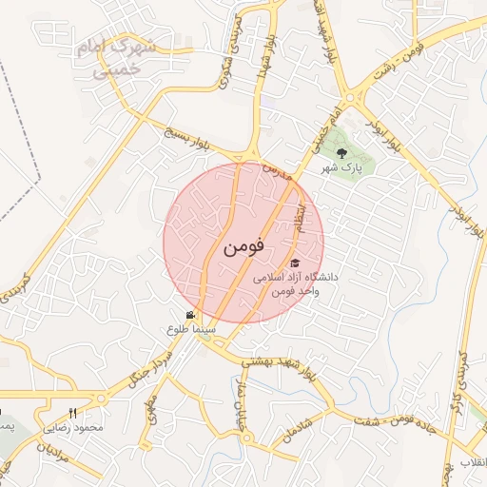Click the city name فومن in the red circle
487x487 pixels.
(x=243, y=247)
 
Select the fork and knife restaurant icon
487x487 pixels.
(x=72, y=414)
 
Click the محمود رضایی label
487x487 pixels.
(x=72, y=427)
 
